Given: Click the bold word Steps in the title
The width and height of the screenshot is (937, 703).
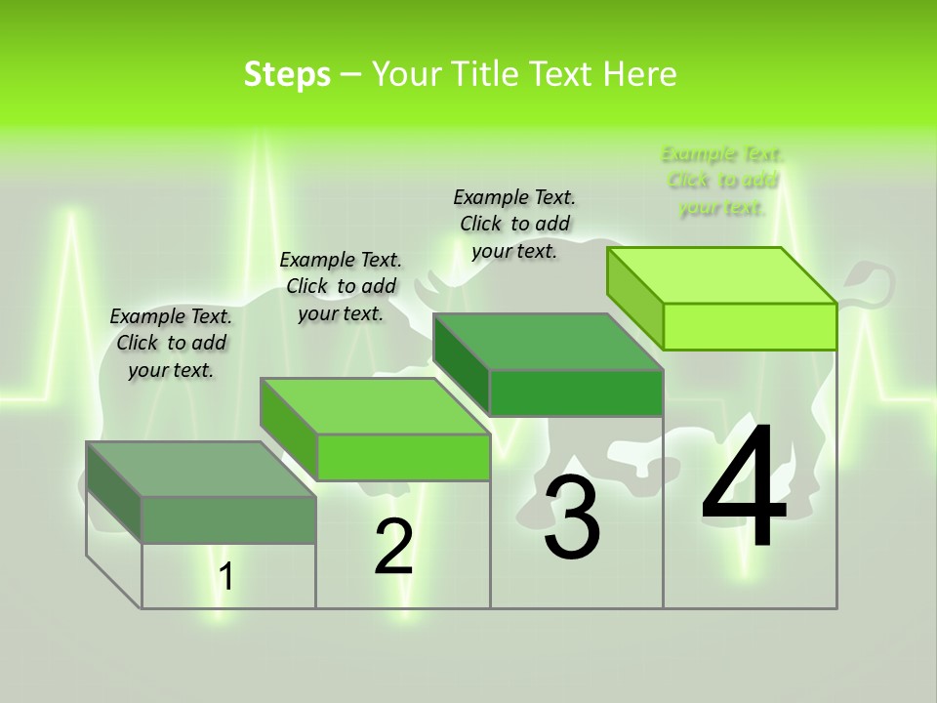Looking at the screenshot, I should (x=287, y=74).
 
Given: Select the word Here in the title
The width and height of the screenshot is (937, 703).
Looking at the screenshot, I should (x=640, y=74).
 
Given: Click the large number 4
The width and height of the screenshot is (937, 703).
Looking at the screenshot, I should (x=744, y=488).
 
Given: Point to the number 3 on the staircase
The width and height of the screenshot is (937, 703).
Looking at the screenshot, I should (x=572, y=517).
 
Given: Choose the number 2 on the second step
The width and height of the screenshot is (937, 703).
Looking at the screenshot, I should (x=393, y=547).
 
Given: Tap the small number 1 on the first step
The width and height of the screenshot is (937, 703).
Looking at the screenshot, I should (x=226, y=577).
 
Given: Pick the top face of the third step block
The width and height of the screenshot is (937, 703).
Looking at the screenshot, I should (x=548, y=342).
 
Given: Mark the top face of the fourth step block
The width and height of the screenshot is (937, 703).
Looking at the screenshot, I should (x=721, y=275).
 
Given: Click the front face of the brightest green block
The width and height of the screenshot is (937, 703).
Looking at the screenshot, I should (x=750, y=326).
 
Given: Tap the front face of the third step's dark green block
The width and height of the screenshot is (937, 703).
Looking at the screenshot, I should (x=576, y=393).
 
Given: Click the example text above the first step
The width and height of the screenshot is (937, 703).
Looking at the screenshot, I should (x=171, y=343).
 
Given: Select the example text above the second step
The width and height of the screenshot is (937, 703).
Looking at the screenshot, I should (x=341, y=286).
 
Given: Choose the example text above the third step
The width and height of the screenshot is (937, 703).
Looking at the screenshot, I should (x=514, y=224).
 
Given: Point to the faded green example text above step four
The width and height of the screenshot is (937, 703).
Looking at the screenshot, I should (x=722, y=181).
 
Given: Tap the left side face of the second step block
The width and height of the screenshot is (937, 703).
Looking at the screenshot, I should (x=289, y=430).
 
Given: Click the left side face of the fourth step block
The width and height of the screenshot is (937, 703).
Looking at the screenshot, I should (x=635, y=298).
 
